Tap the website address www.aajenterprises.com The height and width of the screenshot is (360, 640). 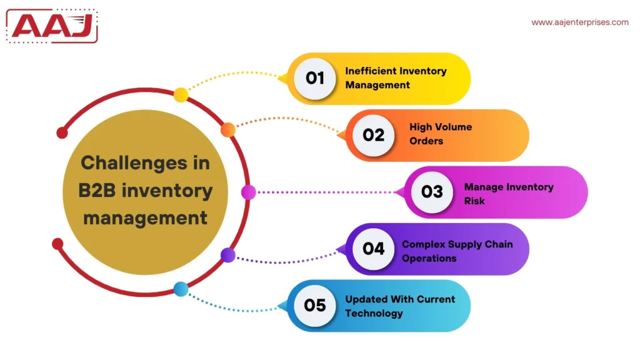[580, 22]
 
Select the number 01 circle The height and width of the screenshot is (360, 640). [315, 78]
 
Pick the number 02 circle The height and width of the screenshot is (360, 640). [374, 134]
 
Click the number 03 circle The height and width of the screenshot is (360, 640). [432, 192]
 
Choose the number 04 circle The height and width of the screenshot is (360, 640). [374, 249]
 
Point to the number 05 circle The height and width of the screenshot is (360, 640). [315, 306]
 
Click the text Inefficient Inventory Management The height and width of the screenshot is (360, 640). [396, 78]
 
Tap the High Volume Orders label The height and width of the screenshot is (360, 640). [441, 134]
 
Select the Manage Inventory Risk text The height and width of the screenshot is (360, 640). [508, 194]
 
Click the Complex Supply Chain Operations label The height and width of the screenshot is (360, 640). [457, 251]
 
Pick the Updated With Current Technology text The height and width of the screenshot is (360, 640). [400, 306]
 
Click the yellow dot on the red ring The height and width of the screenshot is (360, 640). [181, 95]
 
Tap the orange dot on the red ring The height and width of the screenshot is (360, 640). [228, 129]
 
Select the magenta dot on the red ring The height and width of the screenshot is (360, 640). [248, 192]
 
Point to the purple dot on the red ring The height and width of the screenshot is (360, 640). [228, 255]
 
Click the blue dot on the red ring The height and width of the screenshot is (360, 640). [181, 289]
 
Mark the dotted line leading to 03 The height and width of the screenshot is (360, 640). [325, 192]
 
